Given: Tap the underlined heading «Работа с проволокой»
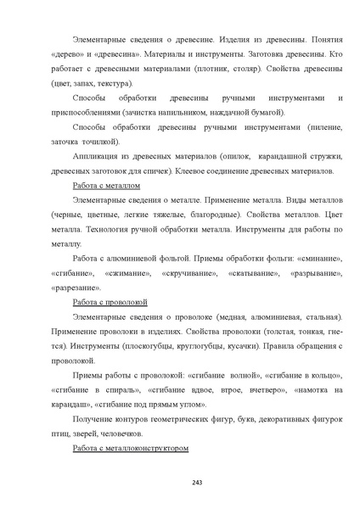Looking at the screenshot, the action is [x=110, y=301].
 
